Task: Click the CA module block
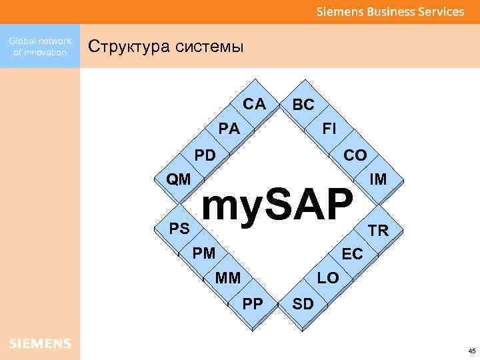[254, 104]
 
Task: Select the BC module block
[303, 105]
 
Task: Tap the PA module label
[229, 129]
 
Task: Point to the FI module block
[329, 128]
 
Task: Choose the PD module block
[205, 155]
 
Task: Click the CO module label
[355, 155]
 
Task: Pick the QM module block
[179, 179]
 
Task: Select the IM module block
[378, 179]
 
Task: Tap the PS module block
[179, 229]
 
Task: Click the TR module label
[378, 231]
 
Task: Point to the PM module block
[203, 253]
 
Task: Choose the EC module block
[352, 254]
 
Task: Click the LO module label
[328, 277]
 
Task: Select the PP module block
[253, 303]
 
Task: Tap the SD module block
[303, 304]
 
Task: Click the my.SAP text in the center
[277, 205]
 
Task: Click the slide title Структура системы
[167, 47]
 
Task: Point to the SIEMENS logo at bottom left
[40, 343]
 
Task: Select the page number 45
[472, 351]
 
